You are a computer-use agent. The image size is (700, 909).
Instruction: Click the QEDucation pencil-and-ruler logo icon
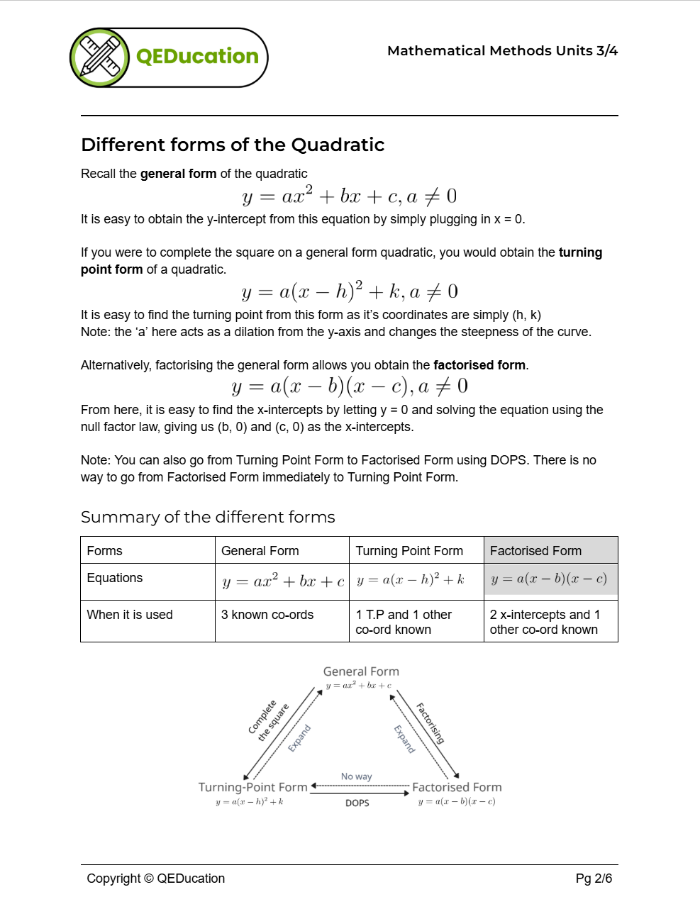pyautogui.click(x=100, y=57)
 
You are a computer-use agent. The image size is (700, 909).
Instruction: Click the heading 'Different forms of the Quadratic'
pyautogui.click(x=233, y=145)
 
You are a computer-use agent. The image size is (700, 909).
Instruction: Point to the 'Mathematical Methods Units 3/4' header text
pyautogui.click(x=502, y=50)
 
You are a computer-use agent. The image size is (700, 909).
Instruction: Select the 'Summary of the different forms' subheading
pyautogui.click(x=208, y=517)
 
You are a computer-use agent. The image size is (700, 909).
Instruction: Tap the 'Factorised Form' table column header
pyautogui.click(x=535, y=551)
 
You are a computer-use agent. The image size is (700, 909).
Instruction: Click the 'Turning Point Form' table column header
pyautogui.click(x=409, y=551)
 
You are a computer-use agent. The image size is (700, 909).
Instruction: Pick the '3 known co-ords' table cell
pyautogui.click(x=267, y=615)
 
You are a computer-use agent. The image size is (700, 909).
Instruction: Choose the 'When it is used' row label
pyautogui.click(x=130, y=615)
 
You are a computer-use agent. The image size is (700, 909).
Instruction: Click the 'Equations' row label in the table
pyautogui.click(x=115, y=578)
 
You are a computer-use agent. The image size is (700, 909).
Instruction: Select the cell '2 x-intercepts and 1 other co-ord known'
pyautogui.click(x=545, y=622)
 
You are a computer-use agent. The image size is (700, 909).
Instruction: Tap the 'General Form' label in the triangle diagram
pyautogui.click(x=361, y=671)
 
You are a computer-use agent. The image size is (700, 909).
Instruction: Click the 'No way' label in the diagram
pyautogui.click(x=356, y=776)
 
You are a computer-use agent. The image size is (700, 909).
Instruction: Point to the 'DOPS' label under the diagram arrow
pyautogui.click(x=357, y=803)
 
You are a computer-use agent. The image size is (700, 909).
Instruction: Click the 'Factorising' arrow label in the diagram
pyautogui.click(x=430, y=723)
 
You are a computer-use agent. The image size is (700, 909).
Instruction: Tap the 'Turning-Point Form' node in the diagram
pyautogui.click(x=253, y=787)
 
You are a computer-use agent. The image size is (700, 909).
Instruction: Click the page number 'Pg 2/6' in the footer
pyautogui.click(x=594, y=879)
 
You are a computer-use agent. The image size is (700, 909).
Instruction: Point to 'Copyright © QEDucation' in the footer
pyautogui.click(x=156, y=879)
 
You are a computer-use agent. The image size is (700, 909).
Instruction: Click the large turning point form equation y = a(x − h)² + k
pyautogui.click(x=350, y=291)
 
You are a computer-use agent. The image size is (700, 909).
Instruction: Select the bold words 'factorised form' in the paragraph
pyautogui.click(x=479, y=365)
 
